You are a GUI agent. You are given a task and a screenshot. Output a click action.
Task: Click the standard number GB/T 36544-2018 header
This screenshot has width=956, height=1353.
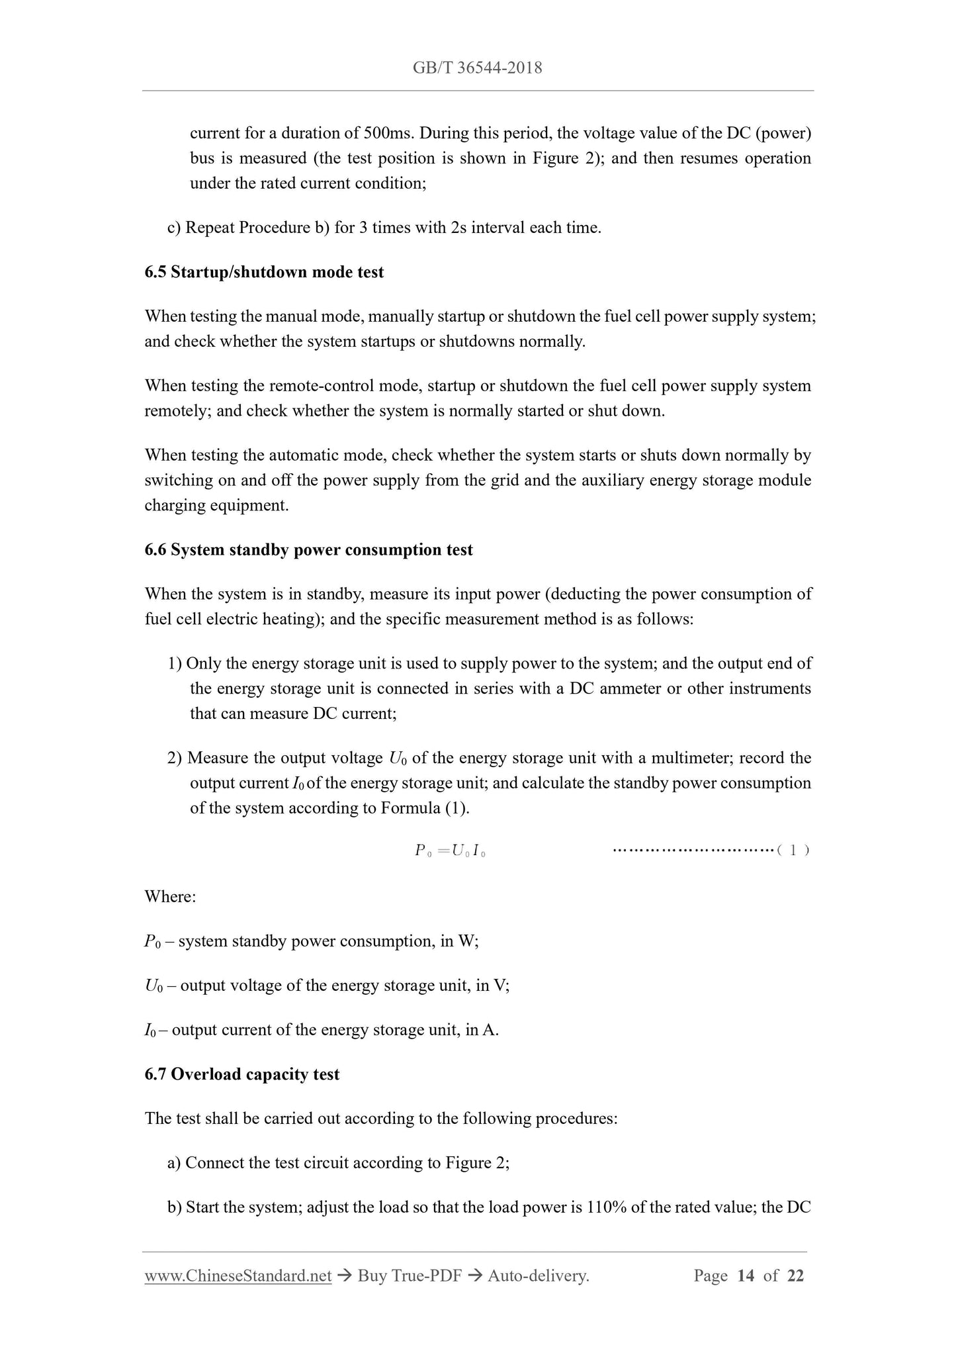click(477, 68)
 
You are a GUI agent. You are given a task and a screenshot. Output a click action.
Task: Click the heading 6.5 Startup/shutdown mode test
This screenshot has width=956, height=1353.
click(264, 272)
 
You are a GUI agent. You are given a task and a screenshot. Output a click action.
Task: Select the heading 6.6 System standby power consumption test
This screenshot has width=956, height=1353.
click(308, 550)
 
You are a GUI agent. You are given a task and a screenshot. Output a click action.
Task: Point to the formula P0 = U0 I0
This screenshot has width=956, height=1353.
click(451, 851)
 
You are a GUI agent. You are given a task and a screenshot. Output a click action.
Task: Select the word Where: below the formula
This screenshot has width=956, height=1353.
click(170, 897)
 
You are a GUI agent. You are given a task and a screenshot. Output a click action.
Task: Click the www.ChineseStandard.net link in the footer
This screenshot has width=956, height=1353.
click(238, 1276)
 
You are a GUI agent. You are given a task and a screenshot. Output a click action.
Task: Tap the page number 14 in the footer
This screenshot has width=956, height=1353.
click(745, 1276)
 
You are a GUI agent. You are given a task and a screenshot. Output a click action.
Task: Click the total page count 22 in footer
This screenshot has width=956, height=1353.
click(795, 1276)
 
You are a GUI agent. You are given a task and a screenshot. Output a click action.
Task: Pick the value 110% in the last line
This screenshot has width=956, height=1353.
click(607, 1207)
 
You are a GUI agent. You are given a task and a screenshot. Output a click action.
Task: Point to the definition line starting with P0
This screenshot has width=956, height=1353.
click(311, 941)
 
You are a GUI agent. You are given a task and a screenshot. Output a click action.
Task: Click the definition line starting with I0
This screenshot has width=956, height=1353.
click(321, 1030)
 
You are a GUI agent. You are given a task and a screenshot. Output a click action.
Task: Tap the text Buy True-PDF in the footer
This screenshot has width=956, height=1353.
click(409, 1276)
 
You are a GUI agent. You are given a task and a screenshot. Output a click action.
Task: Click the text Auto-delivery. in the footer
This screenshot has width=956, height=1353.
click(538, 1276)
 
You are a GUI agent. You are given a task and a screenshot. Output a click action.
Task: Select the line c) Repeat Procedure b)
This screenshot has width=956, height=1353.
click(384, 228)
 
